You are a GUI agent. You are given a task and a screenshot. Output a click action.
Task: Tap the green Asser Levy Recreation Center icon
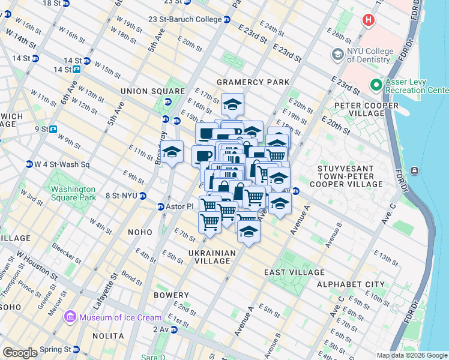point(377,85)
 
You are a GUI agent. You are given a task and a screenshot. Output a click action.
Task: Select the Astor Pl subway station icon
point(161,207)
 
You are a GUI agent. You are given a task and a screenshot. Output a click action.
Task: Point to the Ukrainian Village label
point(209,257)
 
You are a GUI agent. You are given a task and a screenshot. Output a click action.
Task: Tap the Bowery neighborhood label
point(171,295)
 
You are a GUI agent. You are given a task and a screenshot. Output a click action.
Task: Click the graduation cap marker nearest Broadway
point(172,151)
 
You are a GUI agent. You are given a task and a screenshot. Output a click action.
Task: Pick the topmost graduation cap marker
point(232,104)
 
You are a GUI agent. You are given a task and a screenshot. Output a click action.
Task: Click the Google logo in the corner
point(20,353)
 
